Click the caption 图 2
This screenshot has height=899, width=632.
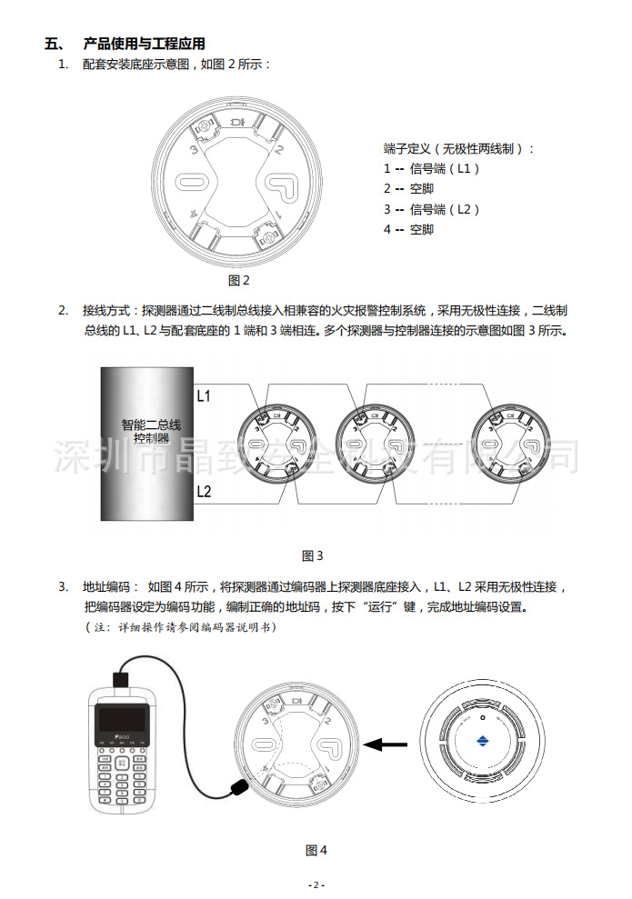tap(238, 280)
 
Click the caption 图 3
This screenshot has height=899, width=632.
tap(312, 555)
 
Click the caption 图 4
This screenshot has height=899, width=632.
tap(316, 850)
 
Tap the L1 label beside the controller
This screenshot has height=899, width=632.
tap(204, 396)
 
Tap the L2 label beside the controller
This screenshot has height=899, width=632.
tap(204, 492)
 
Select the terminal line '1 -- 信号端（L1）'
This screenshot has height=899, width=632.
tap(431, 168)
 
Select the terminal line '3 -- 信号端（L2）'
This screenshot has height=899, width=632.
tap(431, 209)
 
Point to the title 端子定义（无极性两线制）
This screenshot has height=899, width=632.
tap(459, 148)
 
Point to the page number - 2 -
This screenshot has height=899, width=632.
tap(316, 884)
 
